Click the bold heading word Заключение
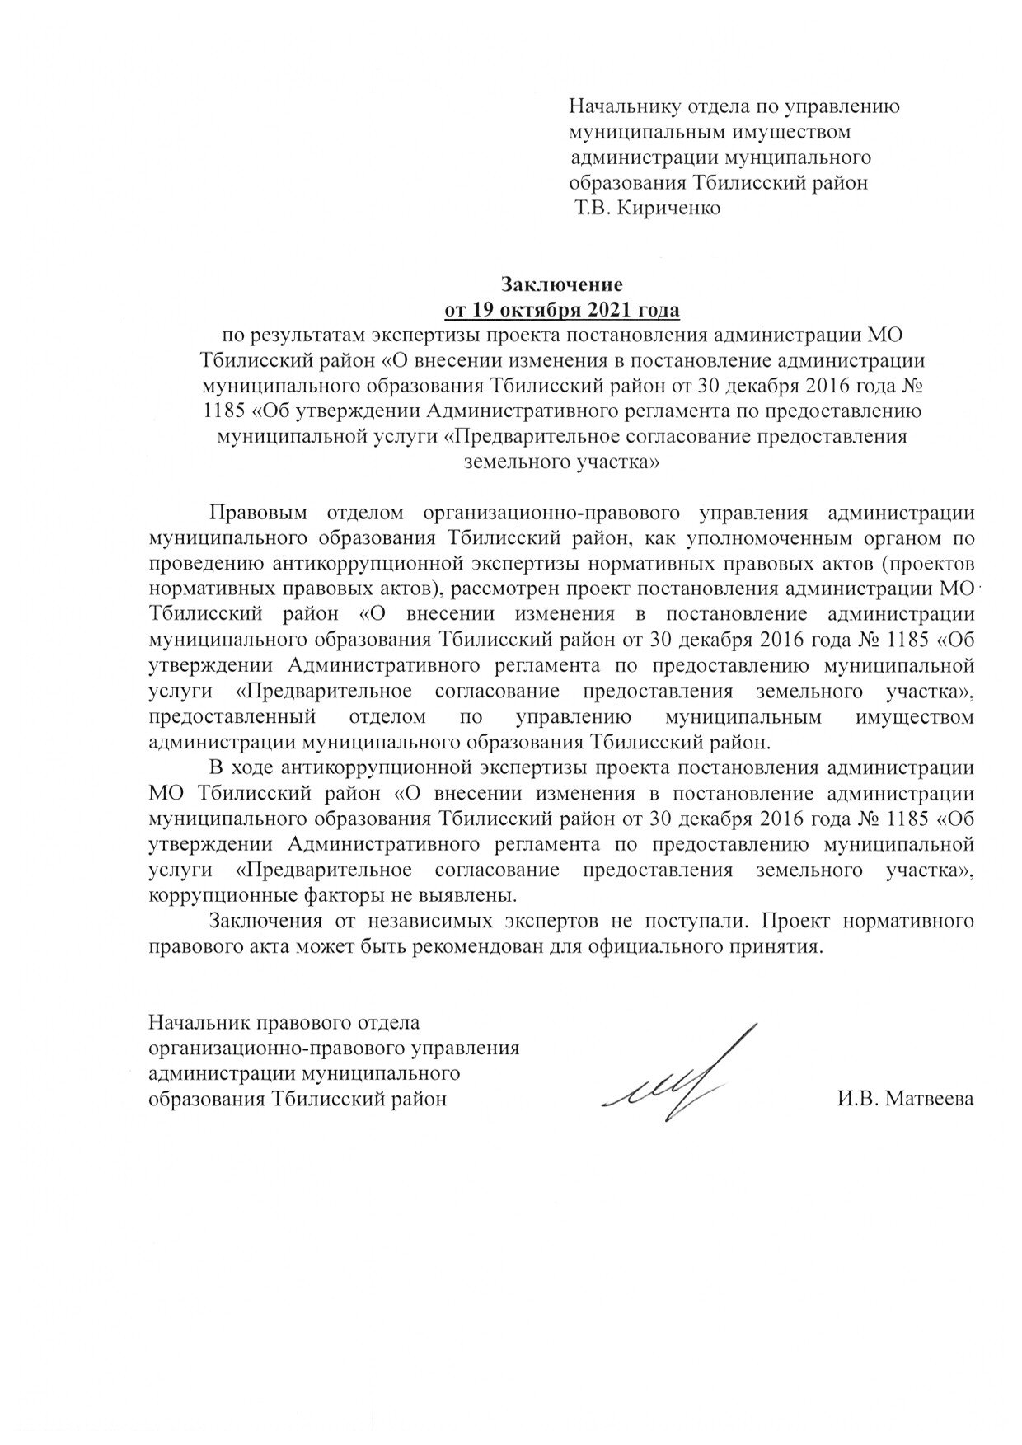562,285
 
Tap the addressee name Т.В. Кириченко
649,208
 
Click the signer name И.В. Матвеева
902,1098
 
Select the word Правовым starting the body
258,512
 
